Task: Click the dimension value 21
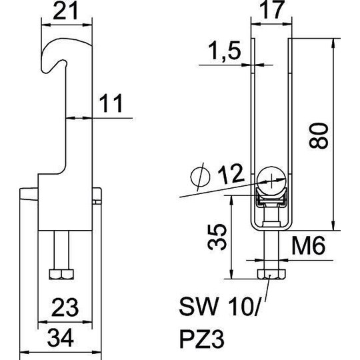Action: [65, 11]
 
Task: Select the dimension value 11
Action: [111, 103]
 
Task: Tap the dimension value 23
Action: [65, 307]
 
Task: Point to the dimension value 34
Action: [61, 338]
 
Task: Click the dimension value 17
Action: [272, 9]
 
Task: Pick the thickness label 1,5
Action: [225, 51]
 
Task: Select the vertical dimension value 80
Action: [319, 136]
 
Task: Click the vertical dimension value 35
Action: [217, 237]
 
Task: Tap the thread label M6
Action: [309, 245]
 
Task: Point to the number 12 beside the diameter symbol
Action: [231, 174]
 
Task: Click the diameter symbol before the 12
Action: [201, 177]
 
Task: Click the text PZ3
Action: [201, 339]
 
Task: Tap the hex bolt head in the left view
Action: [61, 274]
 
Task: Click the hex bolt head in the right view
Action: [271, 274]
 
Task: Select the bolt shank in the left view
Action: [61, 250]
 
